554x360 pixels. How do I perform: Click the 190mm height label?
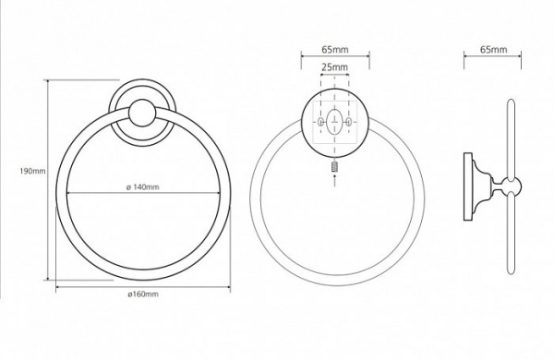tap(33, 172)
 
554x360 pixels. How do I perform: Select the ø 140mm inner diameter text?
tap(143, 186)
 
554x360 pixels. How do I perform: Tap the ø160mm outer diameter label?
tap(143, 294)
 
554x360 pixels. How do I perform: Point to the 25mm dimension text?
tap(334, 66)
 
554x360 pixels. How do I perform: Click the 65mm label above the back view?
tap(335, 50)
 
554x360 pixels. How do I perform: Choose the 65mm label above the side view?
tap(493, 50)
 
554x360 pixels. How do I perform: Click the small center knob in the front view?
tap(142, 113)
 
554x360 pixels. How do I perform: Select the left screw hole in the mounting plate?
tap(320, 122)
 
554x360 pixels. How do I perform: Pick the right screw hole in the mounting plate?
tap(349, 122)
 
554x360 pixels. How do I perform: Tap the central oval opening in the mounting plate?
tap(334, 122)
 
